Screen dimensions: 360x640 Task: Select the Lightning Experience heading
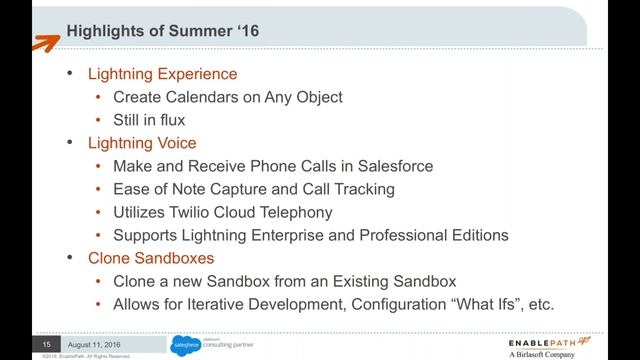coord(162,74)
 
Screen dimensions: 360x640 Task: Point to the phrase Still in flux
coord(149,120)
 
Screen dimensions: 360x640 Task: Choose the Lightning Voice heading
coord(142,143)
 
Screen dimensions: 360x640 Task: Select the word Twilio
coord(203,212)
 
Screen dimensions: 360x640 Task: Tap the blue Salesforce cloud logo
coord(186,344)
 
